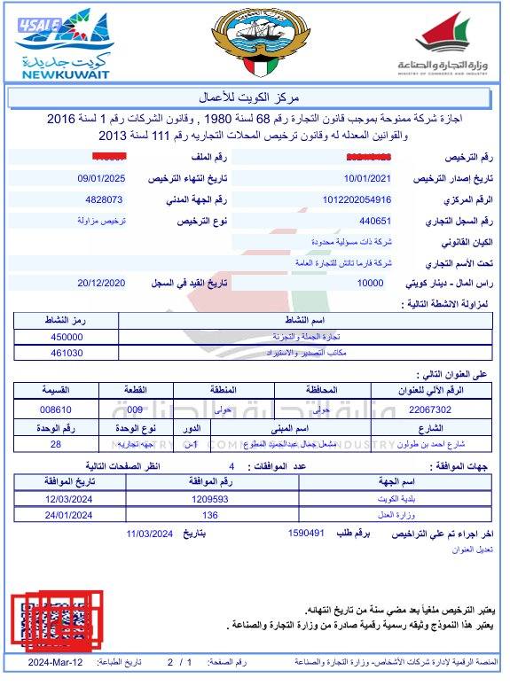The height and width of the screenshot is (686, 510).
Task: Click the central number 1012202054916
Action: (357, 199)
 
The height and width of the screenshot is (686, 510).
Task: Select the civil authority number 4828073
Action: (104, 199)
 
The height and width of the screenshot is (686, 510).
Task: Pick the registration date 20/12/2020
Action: (102, 283)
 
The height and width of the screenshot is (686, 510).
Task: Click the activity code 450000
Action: (67, 337)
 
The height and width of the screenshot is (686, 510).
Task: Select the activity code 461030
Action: (67, 353)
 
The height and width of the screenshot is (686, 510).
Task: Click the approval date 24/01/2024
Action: (69, 515)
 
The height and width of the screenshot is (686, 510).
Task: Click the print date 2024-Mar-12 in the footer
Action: (55, 662)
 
